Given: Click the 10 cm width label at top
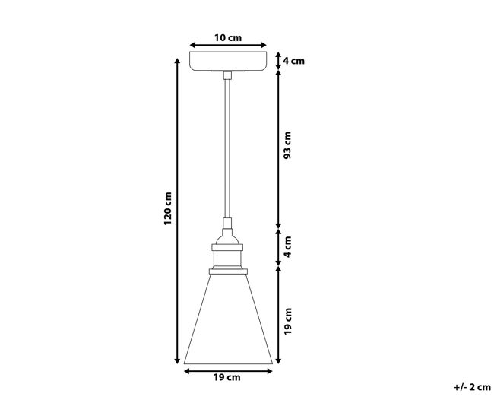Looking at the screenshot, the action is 228,38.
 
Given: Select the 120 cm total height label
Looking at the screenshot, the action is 168,208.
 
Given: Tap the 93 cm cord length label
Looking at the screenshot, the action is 287,145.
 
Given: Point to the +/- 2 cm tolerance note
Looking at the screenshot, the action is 472,387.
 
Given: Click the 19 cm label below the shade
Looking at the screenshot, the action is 226,377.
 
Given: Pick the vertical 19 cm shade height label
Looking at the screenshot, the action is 287,321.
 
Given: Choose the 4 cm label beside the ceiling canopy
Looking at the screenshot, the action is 293,61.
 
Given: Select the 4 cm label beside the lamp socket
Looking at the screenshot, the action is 287,246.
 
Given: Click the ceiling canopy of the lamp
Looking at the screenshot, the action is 228,61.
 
